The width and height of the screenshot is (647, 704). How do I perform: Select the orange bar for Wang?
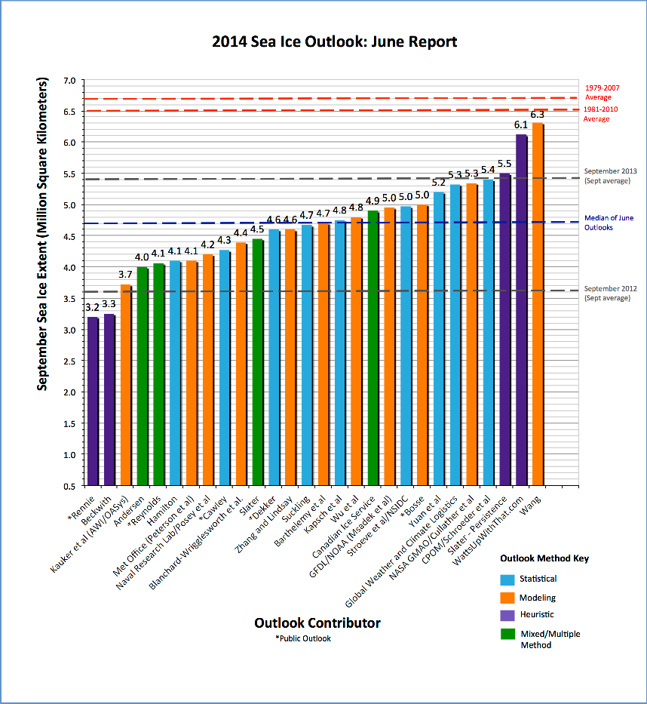538,302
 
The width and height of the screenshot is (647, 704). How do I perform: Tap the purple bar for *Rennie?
93,400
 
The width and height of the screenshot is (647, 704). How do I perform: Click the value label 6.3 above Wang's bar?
538,115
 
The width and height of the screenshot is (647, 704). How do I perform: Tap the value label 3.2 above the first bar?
93,308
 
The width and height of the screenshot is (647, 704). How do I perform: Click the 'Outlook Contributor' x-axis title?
317,623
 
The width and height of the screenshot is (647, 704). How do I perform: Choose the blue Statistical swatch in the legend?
508,579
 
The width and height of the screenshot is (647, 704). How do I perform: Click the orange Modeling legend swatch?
508,597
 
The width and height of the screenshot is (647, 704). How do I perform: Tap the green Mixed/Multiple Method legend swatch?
508,635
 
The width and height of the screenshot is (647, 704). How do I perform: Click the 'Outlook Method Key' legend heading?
544,559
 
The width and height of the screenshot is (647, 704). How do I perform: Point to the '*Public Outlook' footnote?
303,639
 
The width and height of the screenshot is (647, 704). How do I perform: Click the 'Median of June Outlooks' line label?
610,223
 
